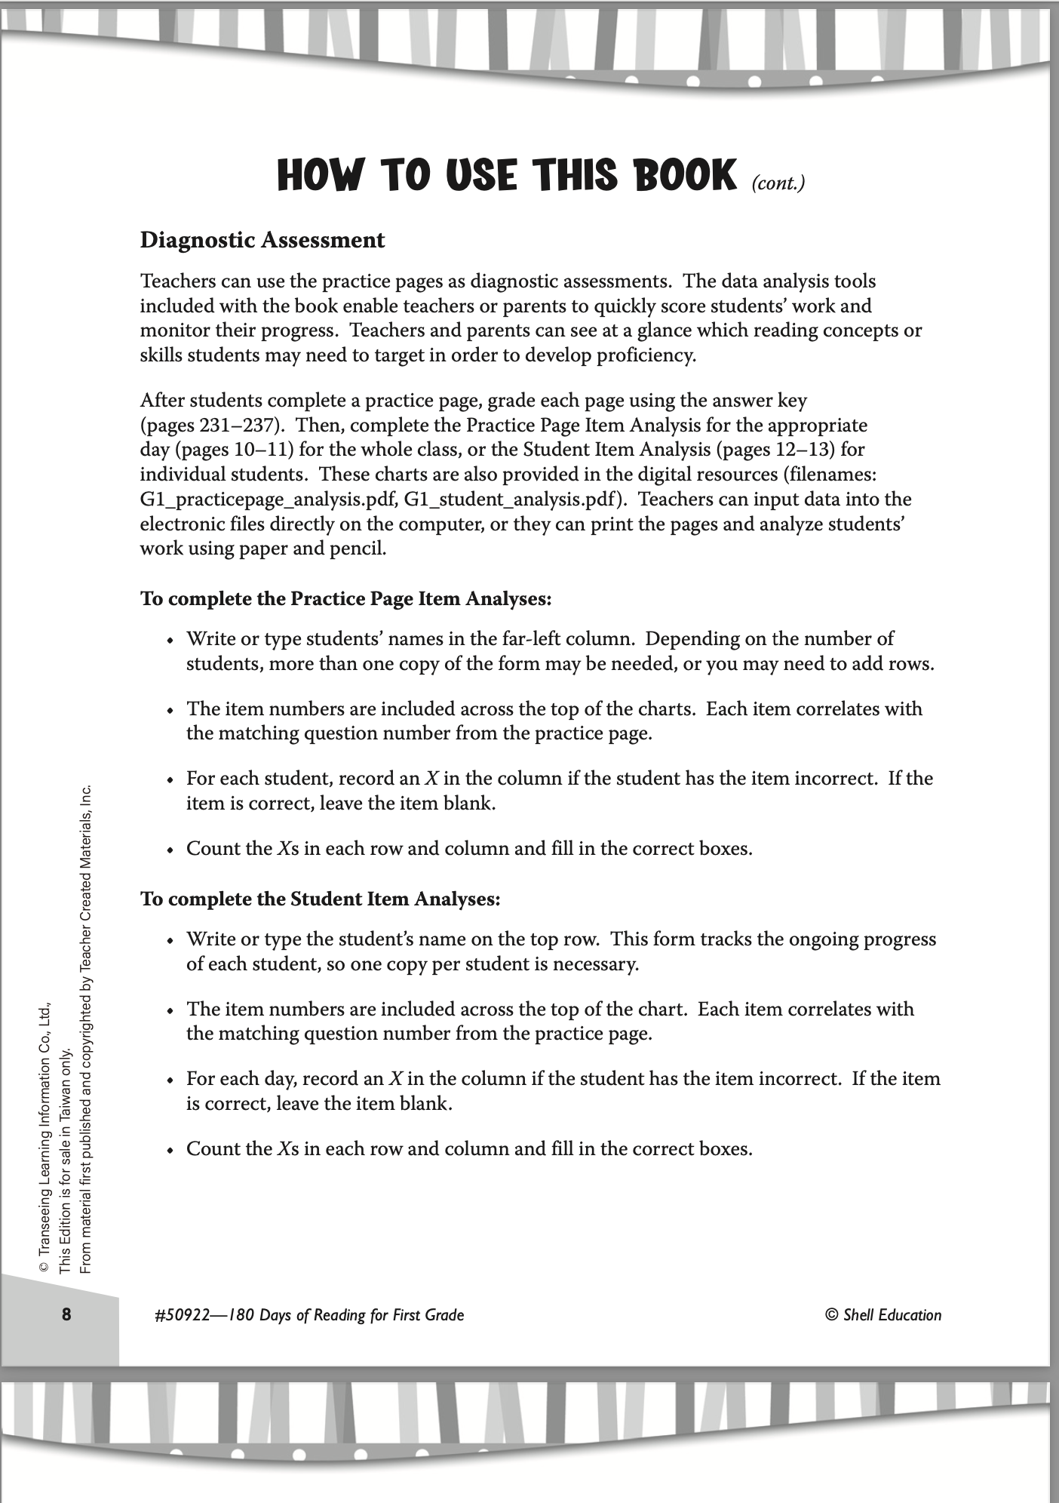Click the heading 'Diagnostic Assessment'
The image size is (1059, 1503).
click(262, 240)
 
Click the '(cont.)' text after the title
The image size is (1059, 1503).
click(778, 183)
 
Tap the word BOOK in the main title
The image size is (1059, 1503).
click(674, 175)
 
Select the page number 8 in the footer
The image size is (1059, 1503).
click(66, 1314)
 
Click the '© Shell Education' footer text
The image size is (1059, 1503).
click(883, 1315)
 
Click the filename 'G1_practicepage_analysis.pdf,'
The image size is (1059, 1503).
click(269, 499)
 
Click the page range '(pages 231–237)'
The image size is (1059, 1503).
click(205, 425)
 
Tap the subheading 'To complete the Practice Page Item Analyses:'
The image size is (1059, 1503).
click(346, 599)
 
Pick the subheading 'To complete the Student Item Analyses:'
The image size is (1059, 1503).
click(321, 899)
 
